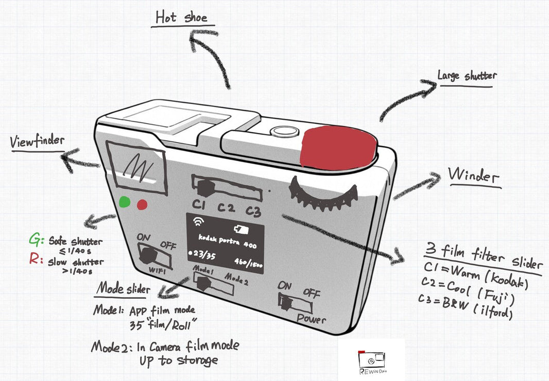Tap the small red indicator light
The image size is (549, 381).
142,205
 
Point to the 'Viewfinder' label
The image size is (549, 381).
37,142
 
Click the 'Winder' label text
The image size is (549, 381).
474,176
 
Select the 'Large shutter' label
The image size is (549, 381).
467,76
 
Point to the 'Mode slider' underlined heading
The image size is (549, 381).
124,289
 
